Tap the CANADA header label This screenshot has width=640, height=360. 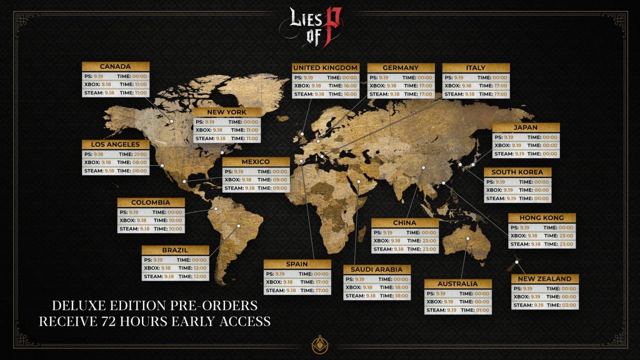115,67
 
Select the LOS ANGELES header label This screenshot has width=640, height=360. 115,145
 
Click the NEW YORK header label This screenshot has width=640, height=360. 227,112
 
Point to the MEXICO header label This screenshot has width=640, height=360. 256,162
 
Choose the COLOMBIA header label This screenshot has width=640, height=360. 151,202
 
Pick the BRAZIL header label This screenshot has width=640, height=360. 175,250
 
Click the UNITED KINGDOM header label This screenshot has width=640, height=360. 325,68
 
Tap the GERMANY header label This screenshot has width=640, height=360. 400,68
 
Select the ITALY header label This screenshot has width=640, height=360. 476,68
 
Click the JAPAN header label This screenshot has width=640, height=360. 525,127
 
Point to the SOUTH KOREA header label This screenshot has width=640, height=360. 517,172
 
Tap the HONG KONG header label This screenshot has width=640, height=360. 542,218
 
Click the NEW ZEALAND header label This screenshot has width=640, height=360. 545,279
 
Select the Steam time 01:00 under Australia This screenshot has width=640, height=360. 482,310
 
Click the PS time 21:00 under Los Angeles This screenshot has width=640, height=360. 140,154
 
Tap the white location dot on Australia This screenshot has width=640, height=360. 468,239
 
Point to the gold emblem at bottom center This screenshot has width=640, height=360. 320,345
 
